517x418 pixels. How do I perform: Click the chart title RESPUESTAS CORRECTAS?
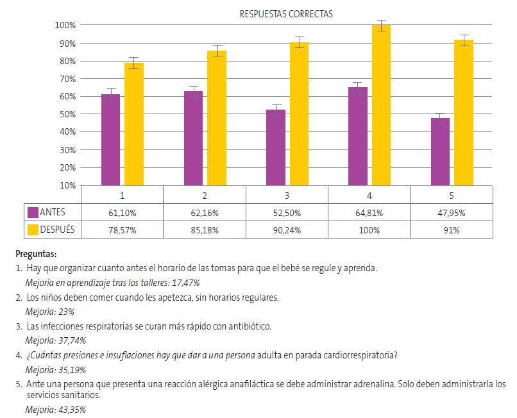[x=286, y=14]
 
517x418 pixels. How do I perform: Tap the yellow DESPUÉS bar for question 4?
[x=381, y=105]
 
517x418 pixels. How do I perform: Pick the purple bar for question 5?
[x=440, y=151]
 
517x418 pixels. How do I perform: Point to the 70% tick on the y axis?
[x=66, y=79]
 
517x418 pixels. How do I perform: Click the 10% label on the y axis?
[x=66, y=185]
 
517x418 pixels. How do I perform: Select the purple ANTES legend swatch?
[x=32, y=212]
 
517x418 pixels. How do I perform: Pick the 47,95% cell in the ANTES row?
[x=451, y=212]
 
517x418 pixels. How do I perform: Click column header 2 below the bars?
[x=204, y=194]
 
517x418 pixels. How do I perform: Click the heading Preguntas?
[x=36, y=254]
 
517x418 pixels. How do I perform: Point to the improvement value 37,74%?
[x=71, y=341]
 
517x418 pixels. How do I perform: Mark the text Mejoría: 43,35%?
[x=55, y=410]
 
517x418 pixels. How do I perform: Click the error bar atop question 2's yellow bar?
[x=217, y=51]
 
